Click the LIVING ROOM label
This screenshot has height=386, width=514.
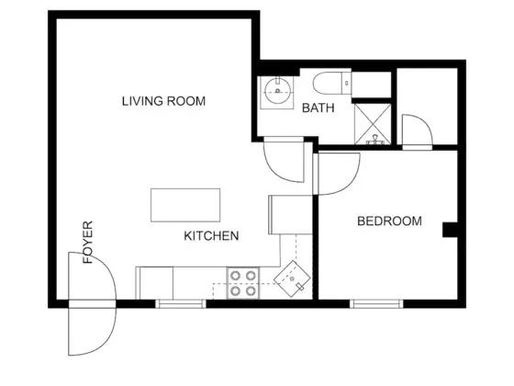click(163, 101)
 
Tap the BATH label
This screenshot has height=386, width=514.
click(318, 108)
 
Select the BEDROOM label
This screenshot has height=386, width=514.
click(389, 221)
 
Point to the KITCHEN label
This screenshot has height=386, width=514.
click(211, 236)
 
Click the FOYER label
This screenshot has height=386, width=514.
click(88, 243)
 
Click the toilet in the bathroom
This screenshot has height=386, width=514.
click(332, 83)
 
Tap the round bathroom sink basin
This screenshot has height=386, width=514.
click(277, 89)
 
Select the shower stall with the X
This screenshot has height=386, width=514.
click(373, 124)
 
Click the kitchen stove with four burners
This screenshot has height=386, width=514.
click(242, 283)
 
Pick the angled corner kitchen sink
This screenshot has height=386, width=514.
click(292, 279)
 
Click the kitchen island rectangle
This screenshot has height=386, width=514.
click(185, 205)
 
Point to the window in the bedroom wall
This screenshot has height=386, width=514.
click(376, 304)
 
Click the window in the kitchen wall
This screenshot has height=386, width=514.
click(181, 304)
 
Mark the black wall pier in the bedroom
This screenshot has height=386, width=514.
click(450, 230)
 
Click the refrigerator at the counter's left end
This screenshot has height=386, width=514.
click(154, 283)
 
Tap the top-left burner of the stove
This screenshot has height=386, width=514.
click(235, 276)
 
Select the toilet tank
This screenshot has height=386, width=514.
click(347, 83)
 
